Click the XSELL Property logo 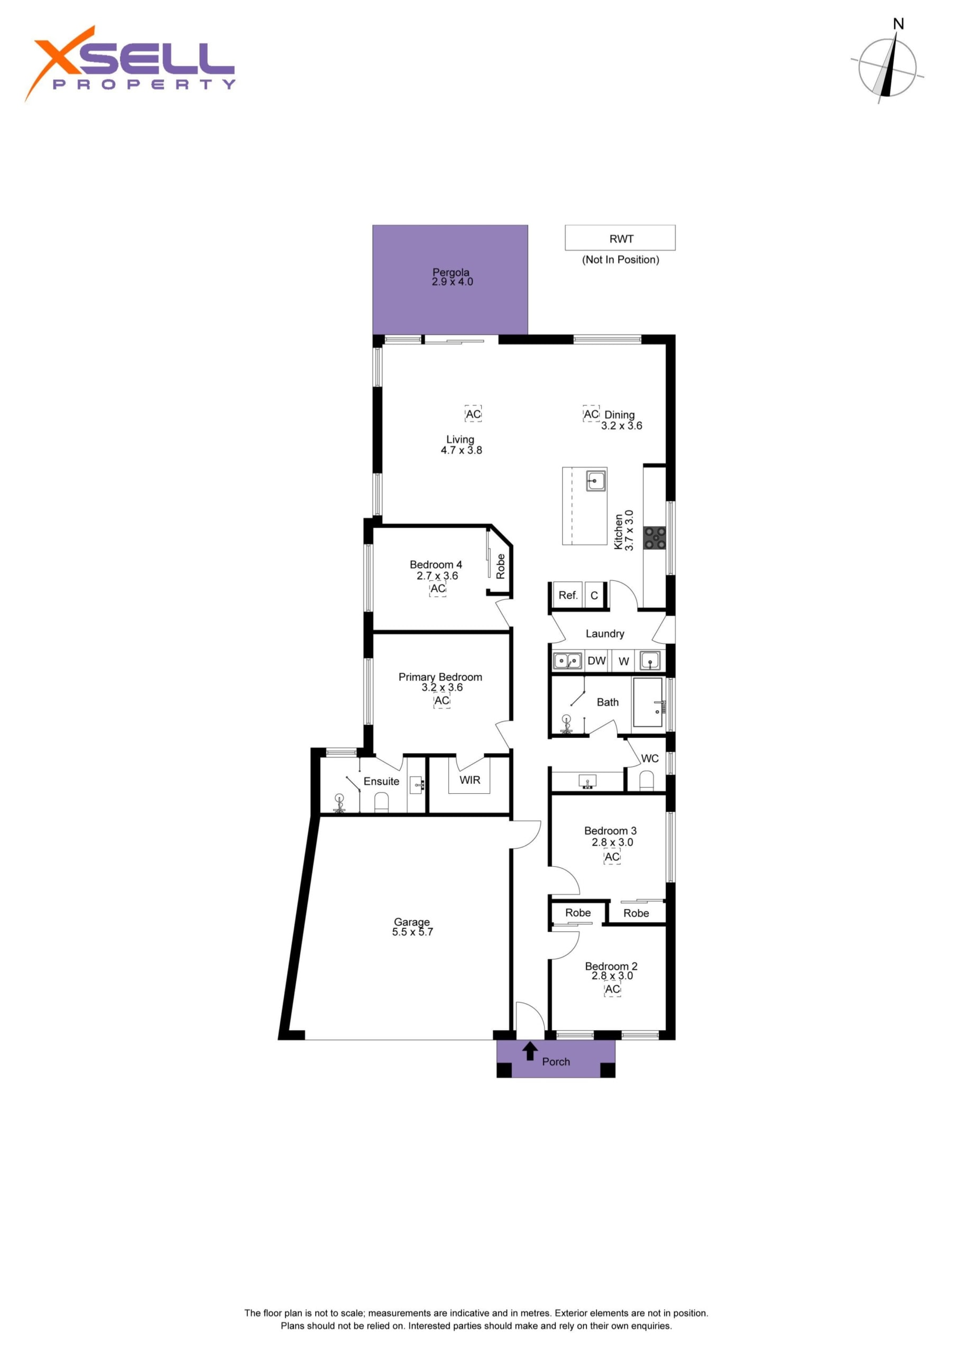(x=130, y=63)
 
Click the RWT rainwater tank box (x=620, y=237)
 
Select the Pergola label (x=451, y=272)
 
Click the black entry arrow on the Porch (x=530, y=1051)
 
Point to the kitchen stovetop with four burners (x=655, y=538)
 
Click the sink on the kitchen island (x=595, y=481)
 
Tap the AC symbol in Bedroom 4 (x=437, y=589)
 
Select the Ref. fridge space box (x=568, y=595)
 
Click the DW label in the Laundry (x=597, y=661)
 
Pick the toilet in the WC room (x=646, y=780)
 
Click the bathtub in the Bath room (x=648, y=702)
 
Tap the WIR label (x=470, y=780)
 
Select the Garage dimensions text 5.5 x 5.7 (x=412, y=932)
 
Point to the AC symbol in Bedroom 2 (x=612, y=989)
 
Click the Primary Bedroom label (x=440, y=677)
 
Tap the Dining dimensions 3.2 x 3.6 (x=621, y=425)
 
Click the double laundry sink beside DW (x=567, y=661)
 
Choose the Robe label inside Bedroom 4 (x=501, y=566)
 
